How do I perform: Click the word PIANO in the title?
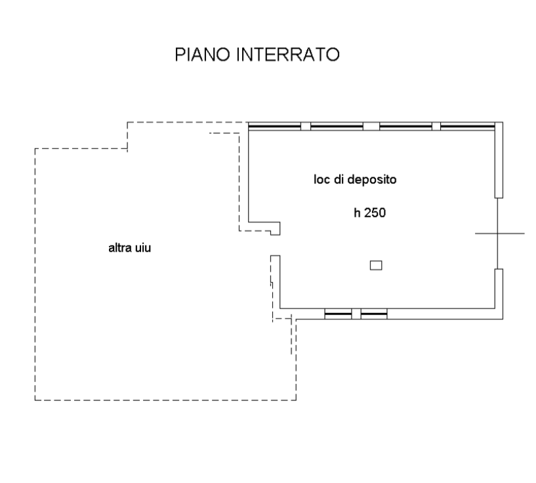[x=202, y=54]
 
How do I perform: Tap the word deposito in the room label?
[x=371, y=180]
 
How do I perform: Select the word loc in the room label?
[x=322, y=179]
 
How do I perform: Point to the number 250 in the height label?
[x=375, y=213]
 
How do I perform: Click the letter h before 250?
[x=357, y=213]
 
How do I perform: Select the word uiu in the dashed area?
[x=143, y=248]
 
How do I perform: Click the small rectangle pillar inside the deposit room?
[x=376, y=265]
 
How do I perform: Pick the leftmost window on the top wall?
[x=274, y=127]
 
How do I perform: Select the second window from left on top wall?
[x=337, y=127]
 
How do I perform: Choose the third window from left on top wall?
[x=405, y=127]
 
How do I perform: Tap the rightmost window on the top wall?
[x=468, y=127]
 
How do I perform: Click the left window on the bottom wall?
[x=338, y=314]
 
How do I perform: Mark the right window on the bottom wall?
[x=374, y=314]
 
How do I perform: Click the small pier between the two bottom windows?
[x=356, y=314]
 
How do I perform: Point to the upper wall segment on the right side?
[x=499, y=160]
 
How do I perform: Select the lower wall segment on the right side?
[x=499, y=294]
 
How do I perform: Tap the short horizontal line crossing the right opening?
[x=500, y=234]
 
